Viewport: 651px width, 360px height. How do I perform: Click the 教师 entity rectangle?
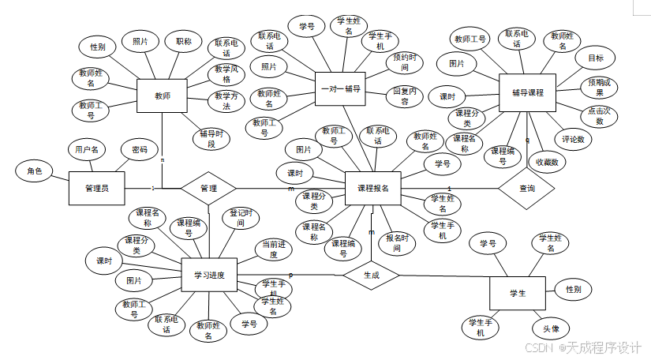[163, 96]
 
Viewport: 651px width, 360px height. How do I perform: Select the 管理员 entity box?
[96, 189]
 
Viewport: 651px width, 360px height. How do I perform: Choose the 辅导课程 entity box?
[528, 93]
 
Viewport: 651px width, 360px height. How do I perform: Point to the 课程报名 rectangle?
[373, 189]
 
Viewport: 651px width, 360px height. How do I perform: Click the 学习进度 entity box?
[209, 276]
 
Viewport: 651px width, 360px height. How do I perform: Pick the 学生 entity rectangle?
[518, 293]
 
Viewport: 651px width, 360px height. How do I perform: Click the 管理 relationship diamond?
[208, 189]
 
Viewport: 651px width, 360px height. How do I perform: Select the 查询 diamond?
[527, 189]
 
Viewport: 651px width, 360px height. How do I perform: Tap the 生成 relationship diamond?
[372, 275]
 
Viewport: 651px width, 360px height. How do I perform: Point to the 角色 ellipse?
[35, 171]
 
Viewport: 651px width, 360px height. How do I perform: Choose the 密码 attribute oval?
[139, 149]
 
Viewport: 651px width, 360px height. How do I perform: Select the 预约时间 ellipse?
[405, 63]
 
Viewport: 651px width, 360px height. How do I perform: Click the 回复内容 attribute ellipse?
[406, 96]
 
